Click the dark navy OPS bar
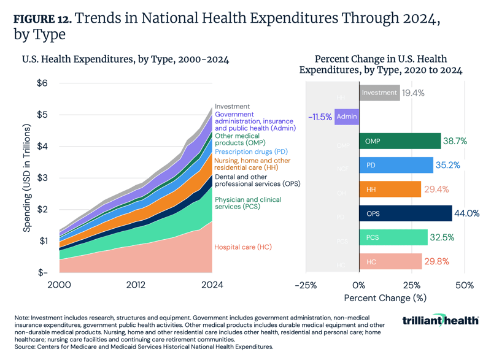click(405, 213)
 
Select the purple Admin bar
click(347, 117)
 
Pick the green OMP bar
click(400, 141)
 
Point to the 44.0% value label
click(467, 213)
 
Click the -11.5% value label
click(319, 117)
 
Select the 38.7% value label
click(455, 141)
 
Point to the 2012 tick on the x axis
click(136, 285)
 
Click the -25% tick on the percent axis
click(306, 285)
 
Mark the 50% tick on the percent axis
click(465, 285)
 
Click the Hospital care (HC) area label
click(242, 247)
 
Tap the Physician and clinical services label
click(247, 204)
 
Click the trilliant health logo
click(441, 321)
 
